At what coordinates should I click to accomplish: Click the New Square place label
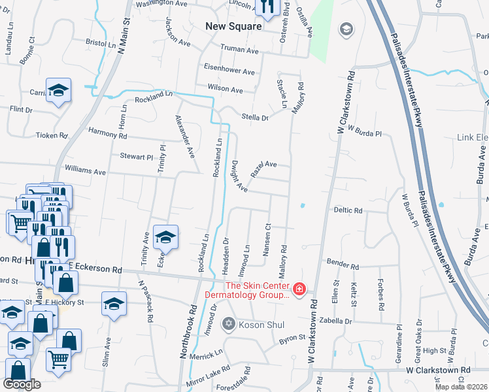(x=233, y=27)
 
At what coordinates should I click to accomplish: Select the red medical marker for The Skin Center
(x=299, y=288)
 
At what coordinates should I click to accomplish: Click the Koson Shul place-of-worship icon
(x=228, y=323)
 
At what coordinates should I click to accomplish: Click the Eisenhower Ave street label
(x=229, y=71)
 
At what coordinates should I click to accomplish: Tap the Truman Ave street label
(x=239, y=49)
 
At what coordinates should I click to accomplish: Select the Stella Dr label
(x=256, y=118)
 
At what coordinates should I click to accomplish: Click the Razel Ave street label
(x=264, y=165)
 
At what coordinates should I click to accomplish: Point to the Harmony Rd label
(x=107, y=135)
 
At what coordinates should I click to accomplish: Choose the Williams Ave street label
(x=86, y=172)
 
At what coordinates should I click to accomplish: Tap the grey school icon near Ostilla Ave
(x=345, y=29)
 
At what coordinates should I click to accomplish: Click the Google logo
(x=22, y=384)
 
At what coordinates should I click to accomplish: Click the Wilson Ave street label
(x=226, y=88)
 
